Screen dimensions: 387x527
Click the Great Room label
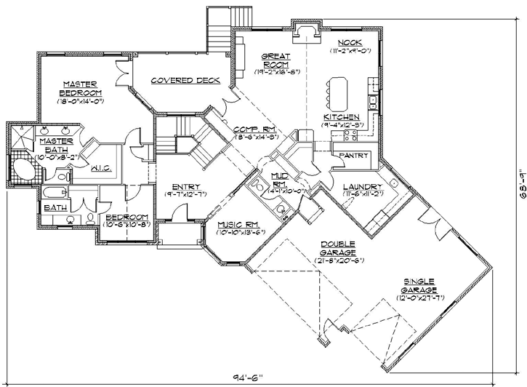[x=277, y=60]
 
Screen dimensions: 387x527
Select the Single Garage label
[x=420, y=286]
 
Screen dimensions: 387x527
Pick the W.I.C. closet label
[x=100, y=168]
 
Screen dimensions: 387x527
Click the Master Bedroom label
[x=80, y=88]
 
